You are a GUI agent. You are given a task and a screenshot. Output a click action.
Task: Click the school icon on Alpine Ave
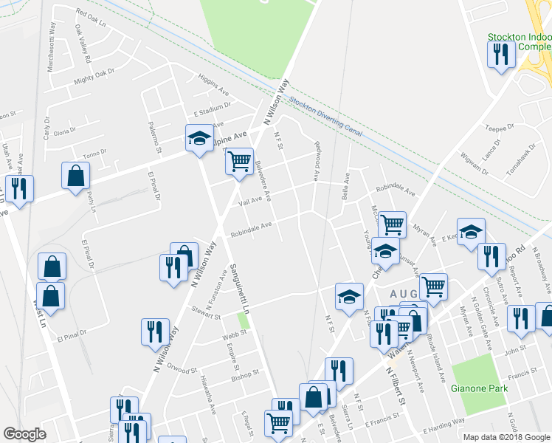click(199, 137)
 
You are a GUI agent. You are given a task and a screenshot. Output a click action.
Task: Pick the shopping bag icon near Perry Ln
click(75, 175)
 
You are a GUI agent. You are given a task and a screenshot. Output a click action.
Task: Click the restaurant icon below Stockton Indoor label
click(501, 54)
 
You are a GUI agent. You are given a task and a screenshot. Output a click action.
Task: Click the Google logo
click(24, 434)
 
